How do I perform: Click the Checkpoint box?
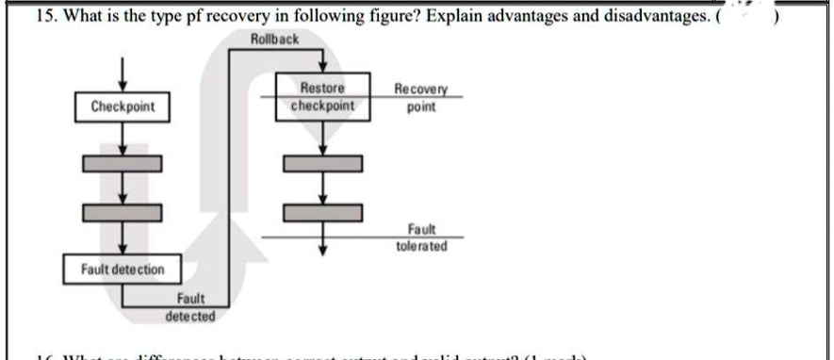(116, 106)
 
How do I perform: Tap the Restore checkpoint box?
(323, 97)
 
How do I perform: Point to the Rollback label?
(275, 39)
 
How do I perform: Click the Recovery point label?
(421, 99)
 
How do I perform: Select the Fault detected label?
(190, 307)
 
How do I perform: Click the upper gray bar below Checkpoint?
(116, 163)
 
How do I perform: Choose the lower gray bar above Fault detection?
(116, 212)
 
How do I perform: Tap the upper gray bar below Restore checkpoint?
(323, 163)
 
